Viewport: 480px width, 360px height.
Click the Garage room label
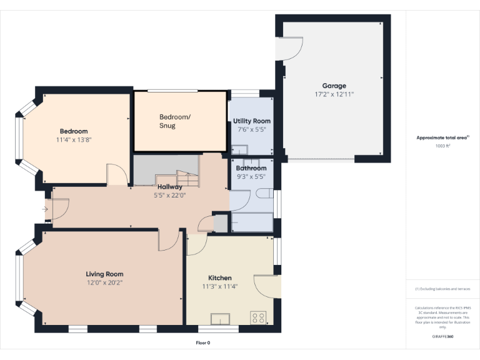(x=334, y=86)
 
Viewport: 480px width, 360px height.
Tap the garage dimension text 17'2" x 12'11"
(x=334, y=94)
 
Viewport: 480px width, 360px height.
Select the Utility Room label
(x=252, y=121)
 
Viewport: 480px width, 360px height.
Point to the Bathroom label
(x=251, y=168)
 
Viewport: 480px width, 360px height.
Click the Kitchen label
(x=219, y=277)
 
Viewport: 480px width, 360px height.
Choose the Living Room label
(x=104, y=274)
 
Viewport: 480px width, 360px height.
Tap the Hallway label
(x=170, y=186)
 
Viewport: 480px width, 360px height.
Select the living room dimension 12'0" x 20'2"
(x=104, y=282)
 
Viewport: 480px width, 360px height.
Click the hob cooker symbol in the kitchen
(x=257, y=317)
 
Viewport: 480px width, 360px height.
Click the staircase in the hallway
(x=166, y=170)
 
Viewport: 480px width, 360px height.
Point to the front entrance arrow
(x=46, y=209)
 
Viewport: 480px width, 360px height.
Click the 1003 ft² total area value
(x=442, y=146)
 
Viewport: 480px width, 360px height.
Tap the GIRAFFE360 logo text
(x=442, y=336)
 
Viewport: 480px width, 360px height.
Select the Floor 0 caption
(x=203, y=342)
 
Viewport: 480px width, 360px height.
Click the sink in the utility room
(x=240, y=149)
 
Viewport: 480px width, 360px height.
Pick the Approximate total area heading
(x=442, y=137)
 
